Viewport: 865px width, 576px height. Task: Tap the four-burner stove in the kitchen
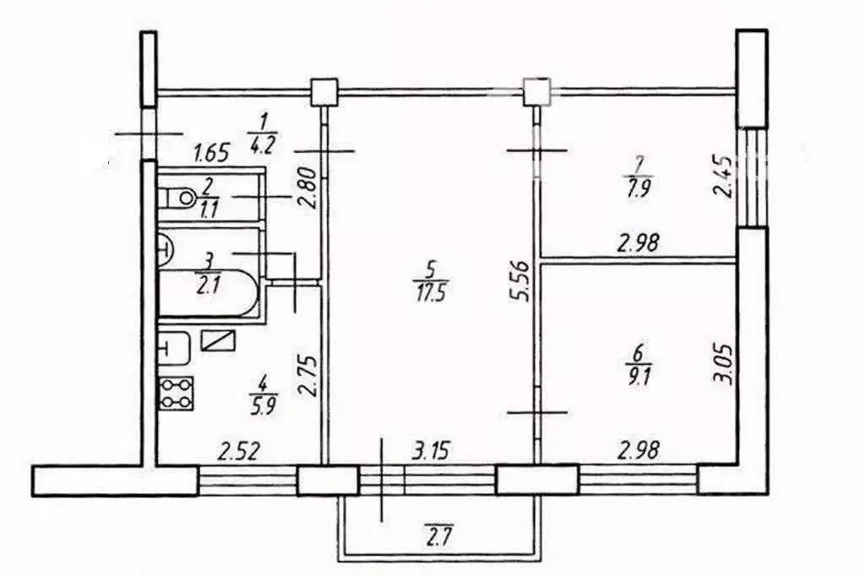coord(177,394)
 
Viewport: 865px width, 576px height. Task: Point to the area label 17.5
coord(428,291)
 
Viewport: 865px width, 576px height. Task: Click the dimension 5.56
coord(520,281)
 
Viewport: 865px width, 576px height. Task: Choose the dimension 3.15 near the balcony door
coord(431,451)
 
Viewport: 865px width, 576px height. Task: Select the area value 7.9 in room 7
coord(639,186)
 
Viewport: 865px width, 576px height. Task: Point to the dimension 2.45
coord(722,177)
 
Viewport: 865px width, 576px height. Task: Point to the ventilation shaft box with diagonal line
coord(219,340)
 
